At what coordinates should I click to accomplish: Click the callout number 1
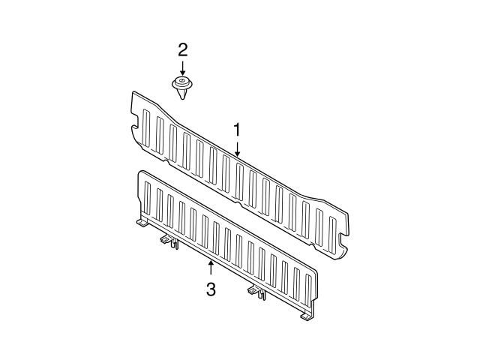pos(237,130)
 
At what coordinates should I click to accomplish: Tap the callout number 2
pos(183,50)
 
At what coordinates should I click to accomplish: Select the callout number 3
pos(211,289)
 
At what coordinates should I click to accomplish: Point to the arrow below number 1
pos(237,148)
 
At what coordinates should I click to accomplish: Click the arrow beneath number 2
pos(183,68)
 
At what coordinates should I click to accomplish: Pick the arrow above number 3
pos(211,268)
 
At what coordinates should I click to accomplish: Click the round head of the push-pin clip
pos(181,83)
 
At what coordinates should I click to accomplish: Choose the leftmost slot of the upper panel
pos(146,128)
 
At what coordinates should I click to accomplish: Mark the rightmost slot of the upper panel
pos(332,231)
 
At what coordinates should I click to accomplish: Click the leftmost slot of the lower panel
pos(147,198)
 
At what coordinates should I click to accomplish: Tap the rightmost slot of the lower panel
pos(308,290)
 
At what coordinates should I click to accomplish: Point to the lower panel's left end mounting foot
pos(142,223)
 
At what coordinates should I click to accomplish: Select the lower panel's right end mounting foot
pos(306,316)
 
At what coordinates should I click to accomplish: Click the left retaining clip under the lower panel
pos(170,241)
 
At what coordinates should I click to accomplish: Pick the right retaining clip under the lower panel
pos(257,292)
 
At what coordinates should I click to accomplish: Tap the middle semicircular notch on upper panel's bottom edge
pos(238,203)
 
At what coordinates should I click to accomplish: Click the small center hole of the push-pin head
pos(181,80)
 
